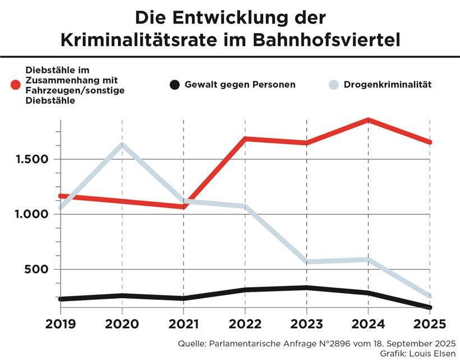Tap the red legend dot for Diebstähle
16,85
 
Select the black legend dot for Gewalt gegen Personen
174,85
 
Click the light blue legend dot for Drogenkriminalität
334,85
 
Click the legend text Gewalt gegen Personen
240,85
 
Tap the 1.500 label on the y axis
33,159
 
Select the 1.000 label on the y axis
33,214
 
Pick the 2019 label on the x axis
60,324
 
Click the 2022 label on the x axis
245,324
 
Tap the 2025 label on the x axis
429,324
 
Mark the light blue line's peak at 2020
122,145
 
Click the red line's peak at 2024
367,120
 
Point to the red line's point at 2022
245,139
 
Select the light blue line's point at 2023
306,262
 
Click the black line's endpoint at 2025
429,307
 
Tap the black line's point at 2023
306,288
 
